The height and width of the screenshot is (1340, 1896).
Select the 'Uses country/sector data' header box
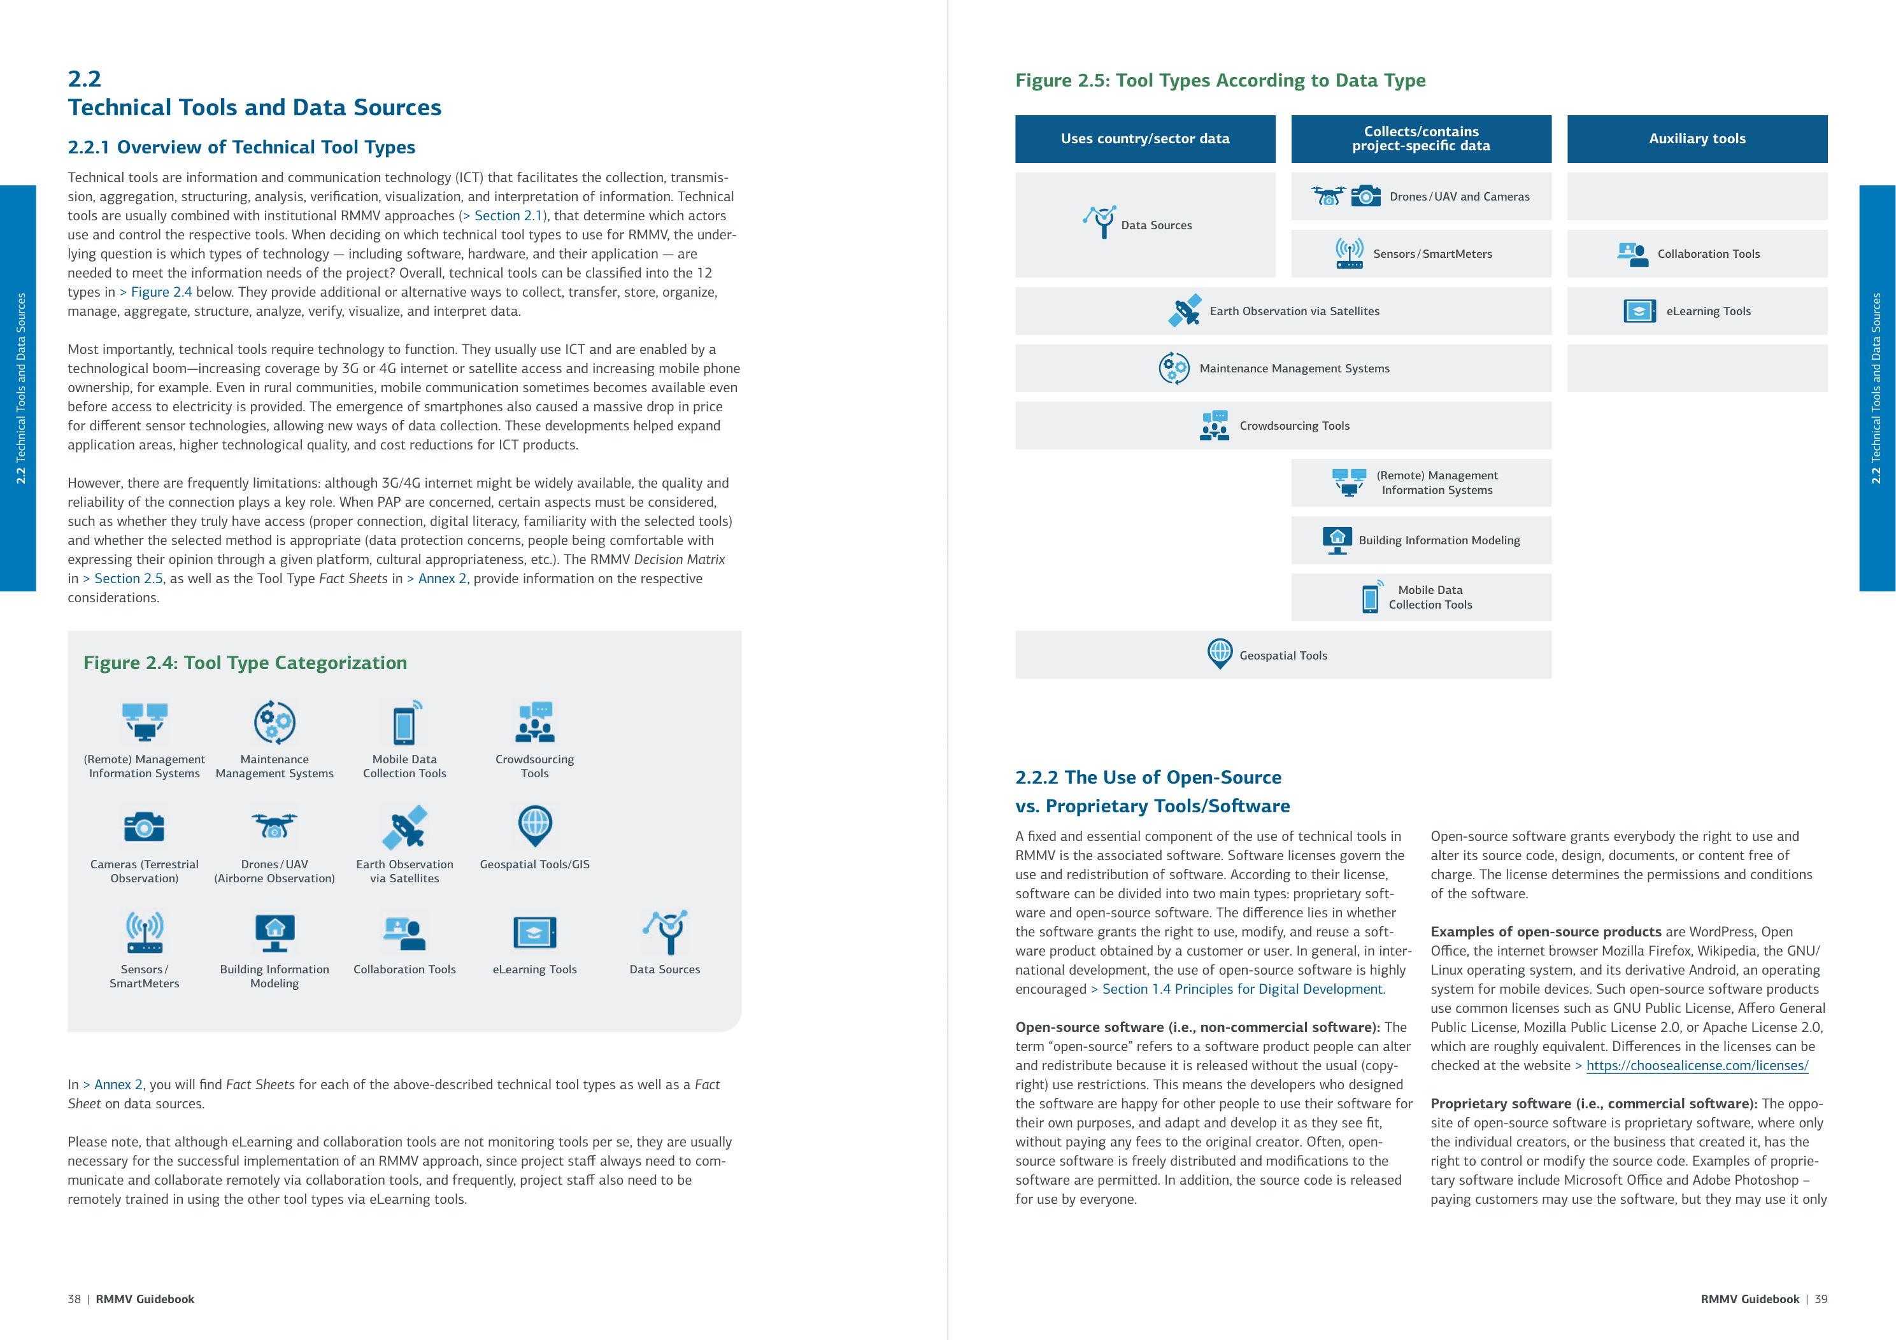[x=1144, y=139]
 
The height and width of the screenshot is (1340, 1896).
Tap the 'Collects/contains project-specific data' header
[x=1420, y=139]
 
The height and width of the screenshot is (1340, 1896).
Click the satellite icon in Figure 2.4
[x=404, y=826]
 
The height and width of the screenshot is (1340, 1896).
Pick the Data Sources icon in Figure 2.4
[x=665, y=932]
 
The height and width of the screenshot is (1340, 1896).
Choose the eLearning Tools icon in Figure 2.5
[x=1639, y=311]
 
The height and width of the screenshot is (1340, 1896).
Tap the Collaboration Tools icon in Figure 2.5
[x=1632, y=253]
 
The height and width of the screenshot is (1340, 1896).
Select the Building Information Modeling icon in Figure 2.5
[x=1337, y=540]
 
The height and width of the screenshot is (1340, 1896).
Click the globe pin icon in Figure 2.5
[x=1220, y=654]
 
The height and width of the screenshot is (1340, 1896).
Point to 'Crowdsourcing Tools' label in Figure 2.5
[x=1294, y=426]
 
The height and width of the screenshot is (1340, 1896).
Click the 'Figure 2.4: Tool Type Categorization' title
[x=245, y=663]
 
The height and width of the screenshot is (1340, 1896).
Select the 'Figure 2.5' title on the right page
[x=1220, y=80]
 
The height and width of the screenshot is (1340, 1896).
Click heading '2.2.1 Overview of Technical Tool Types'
[x=241, y=147]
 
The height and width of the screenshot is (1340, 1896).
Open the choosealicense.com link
[x=1697, y=1066]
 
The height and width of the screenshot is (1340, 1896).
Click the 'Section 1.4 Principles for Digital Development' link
[x=1243, y=989]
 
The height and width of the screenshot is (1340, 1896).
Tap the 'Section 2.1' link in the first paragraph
[x=508, y=216]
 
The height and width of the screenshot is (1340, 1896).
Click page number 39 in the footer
[x=1820, y=1299]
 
